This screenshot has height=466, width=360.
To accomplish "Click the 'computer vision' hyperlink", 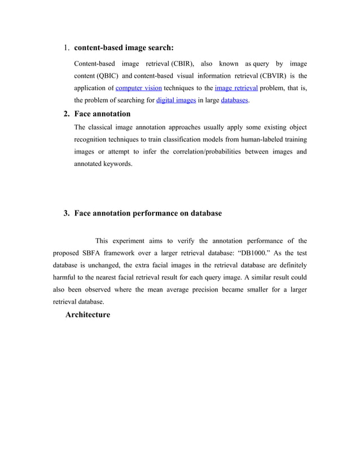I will (x=138, y=88).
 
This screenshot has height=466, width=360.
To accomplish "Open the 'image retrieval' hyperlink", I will (x=236, y=88).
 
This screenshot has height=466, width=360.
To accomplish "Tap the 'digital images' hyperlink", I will (x=175, y=101).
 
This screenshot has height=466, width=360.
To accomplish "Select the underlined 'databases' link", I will (x=234, y=101).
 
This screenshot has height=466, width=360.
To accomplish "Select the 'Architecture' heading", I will (x=87, y=314).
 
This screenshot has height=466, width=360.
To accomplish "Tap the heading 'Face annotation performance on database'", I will (x=148, y=213).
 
